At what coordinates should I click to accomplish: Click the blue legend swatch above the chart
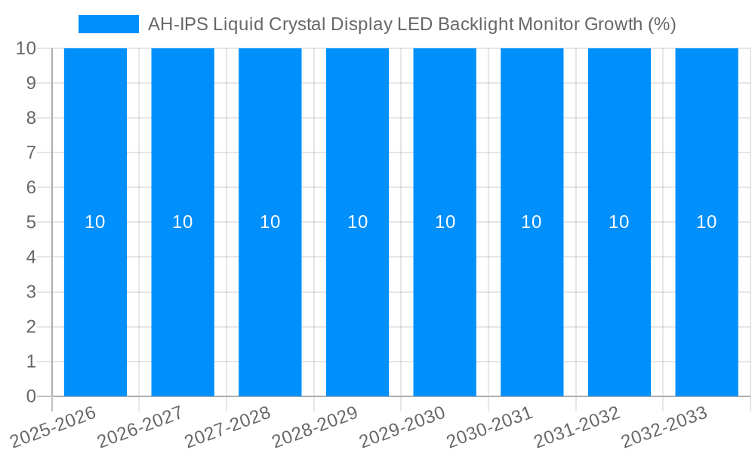click(108, 24)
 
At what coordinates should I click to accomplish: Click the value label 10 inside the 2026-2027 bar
click(183, 222)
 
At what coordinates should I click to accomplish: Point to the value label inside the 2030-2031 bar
click(532, 222)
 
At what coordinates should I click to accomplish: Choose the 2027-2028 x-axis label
click(228, 427)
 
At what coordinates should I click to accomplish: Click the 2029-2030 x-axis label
click(403, 427)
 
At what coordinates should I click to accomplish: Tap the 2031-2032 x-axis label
click(578, 427)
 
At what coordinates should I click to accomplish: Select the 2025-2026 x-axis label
click(54, 427)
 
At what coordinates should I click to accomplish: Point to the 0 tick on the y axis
click(31, 396)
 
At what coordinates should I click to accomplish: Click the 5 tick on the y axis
click(31, 223)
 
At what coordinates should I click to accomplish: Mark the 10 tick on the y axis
click(26, 48)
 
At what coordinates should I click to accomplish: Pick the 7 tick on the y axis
click(31, 153)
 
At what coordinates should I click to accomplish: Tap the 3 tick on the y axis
click(31, 292)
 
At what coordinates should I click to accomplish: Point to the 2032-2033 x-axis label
click(665, 427)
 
